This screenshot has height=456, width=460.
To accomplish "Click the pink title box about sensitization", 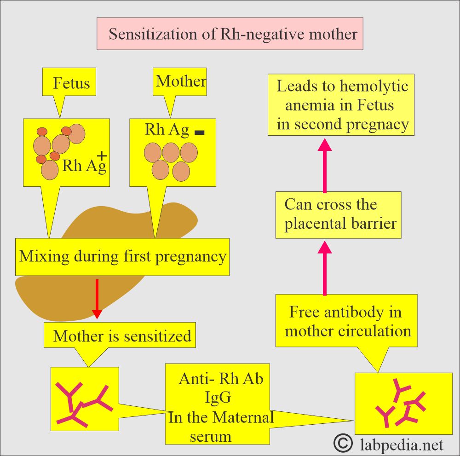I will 230,34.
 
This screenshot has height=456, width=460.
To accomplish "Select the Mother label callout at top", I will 180,82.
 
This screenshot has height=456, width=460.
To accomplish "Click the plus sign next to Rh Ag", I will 102,157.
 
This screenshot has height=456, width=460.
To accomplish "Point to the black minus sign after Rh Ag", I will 199,133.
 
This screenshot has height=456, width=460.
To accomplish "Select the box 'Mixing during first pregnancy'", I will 122,257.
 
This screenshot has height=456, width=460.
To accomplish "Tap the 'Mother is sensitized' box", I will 122,336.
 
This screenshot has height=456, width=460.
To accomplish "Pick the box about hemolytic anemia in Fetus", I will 341,106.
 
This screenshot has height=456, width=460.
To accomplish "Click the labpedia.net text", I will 400,445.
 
